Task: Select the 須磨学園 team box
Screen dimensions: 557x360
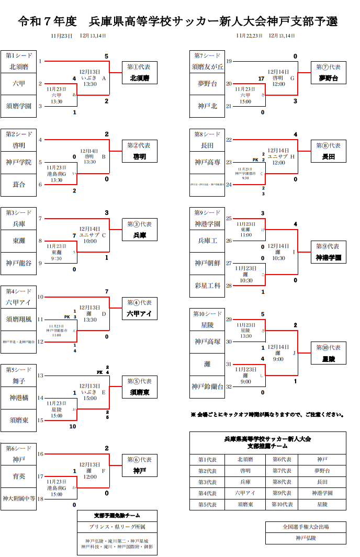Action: [x=19, y=106]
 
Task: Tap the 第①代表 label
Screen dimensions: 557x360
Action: [x=140, y=67]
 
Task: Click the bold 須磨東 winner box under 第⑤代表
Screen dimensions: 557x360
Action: [x=140, y=392]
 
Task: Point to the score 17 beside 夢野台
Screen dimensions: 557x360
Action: [x=262, y=78]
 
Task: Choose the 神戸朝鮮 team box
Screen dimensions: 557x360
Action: [x=207, y=263]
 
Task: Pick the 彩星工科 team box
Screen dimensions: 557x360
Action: [x=207, y=286]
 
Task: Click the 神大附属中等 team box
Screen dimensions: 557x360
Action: [x=19, y=498]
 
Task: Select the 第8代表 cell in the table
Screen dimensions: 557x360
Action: [x=283, y=482]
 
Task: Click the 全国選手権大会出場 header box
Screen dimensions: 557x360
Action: [x=306, y=527]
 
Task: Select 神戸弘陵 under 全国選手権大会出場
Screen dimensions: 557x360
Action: [x=306, y=538]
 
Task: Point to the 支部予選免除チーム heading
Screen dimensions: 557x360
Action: [x=117, y=515]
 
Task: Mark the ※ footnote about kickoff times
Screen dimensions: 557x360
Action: [x=267, y=415]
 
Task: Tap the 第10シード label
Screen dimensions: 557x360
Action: [x=207, y=314]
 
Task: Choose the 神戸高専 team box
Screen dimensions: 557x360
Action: [x=207, y=162]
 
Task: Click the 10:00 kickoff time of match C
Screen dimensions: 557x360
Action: [x=90, y=242]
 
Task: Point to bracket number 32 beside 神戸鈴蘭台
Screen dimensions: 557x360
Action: [x=229, y=387]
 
